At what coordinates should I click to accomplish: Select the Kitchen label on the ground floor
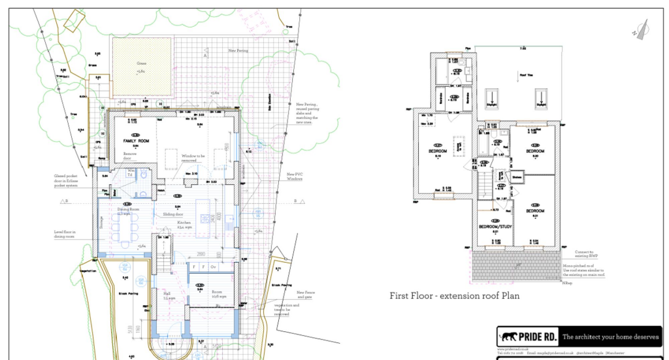(x=184, y=222)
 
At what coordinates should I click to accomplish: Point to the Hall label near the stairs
(x=167, y=293)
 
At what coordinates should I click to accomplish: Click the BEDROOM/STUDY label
(x=495, y=227)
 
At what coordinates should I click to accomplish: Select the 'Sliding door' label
(x=172, y=214)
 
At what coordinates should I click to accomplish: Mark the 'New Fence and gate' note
(x=304, y=295)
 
